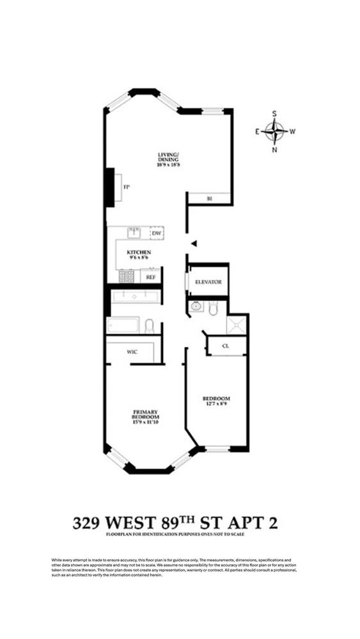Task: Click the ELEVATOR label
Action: point(208,282)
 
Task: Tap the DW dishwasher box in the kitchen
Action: point(156,233)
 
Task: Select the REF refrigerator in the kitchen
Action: point(151,277)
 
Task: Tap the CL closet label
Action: point(225,346)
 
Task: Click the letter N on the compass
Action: point(275,151)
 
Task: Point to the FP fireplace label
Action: point(127,187)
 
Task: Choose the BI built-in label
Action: point(209,199)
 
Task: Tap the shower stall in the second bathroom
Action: point(238,324)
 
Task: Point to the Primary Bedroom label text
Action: point(146,414)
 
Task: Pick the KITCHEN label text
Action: point(138,253)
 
